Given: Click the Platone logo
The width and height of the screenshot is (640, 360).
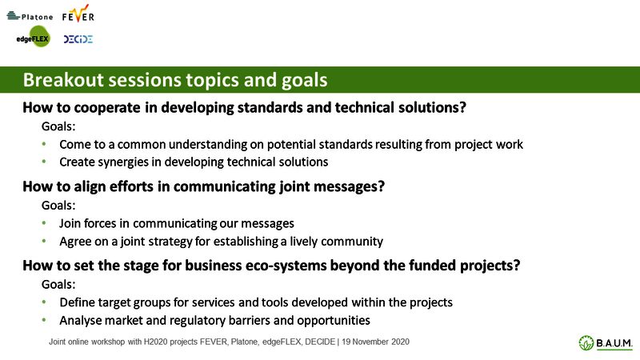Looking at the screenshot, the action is pos(30,16).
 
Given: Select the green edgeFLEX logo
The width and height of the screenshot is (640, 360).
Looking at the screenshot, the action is pos(34,37).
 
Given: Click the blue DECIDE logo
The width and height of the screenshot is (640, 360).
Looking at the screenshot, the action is pos(78,39).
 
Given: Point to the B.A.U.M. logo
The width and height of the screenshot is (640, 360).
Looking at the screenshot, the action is pos(606,343).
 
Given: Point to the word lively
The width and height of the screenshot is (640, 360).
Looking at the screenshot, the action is pos(304,242).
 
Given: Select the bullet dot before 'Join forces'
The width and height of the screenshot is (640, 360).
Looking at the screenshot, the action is pos(44,223).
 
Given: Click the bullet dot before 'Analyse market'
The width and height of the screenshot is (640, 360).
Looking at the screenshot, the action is pos(44,320).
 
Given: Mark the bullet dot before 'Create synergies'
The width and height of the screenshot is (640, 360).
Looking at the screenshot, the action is pos(44,162).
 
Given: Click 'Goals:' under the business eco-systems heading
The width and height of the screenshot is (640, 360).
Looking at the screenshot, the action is pos(58,285).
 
